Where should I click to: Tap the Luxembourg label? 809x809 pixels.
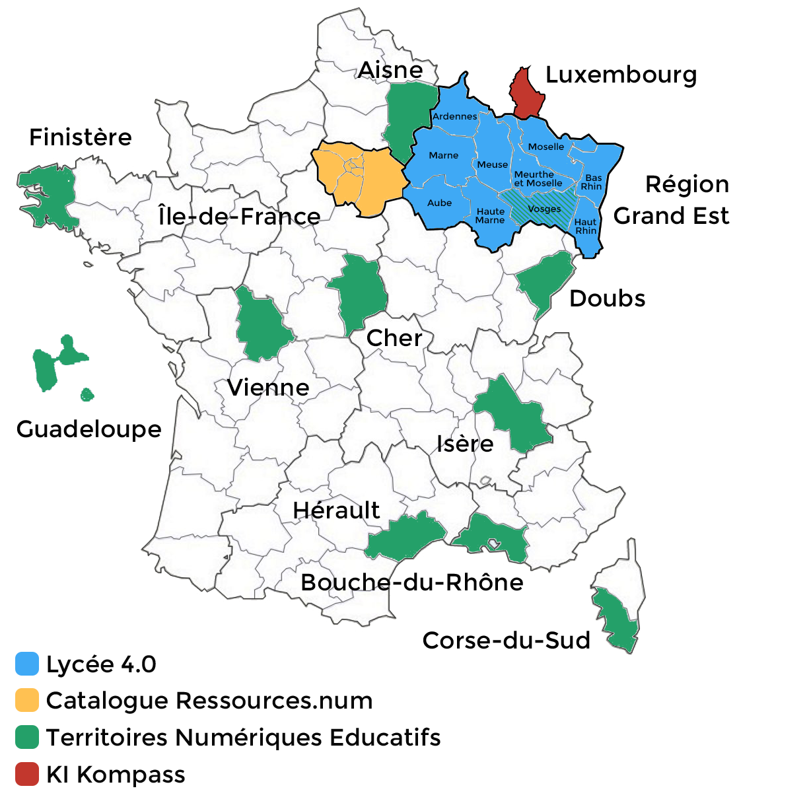621,75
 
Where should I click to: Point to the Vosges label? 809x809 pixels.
544,209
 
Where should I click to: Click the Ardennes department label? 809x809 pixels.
454,116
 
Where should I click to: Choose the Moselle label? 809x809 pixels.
546,147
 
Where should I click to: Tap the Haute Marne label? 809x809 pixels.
490,216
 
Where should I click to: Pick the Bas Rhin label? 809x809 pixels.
592,182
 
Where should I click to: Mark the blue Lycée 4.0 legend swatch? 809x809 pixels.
27,664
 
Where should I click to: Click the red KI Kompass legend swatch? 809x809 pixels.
27,774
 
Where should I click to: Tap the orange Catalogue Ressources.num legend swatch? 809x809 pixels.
27,700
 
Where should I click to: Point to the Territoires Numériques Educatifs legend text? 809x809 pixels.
243,737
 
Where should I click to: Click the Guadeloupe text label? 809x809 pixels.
88,429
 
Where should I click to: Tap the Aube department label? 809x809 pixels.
439,203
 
